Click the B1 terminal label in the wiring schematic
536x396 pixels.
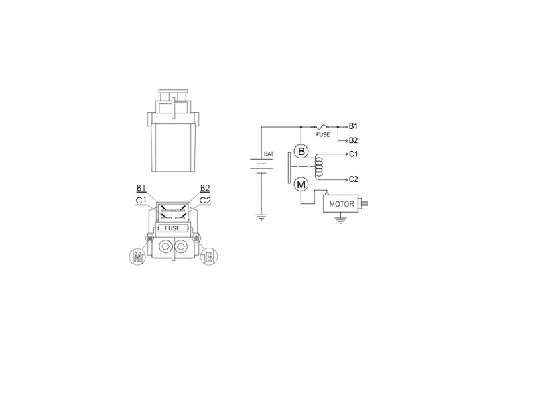coord(353,126)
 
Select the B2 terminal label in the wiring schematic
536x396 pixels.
coord(353,140)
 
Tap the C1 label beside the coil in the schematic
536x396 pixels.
coord(354,154)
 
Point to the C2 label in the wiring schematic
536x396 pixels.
coord(354,179)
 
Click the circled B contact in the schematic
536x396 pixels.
coord(301,152)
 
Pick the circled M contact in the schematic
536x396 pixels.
coord(301,185)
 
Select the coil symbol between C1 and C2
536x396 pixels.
coord(319,166)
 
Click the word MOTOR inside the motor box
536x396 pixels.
coord(342,204)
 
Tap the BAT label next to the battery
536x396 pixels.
coord(269,154)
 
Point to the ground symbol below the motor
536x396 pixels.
coord(340,220)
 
